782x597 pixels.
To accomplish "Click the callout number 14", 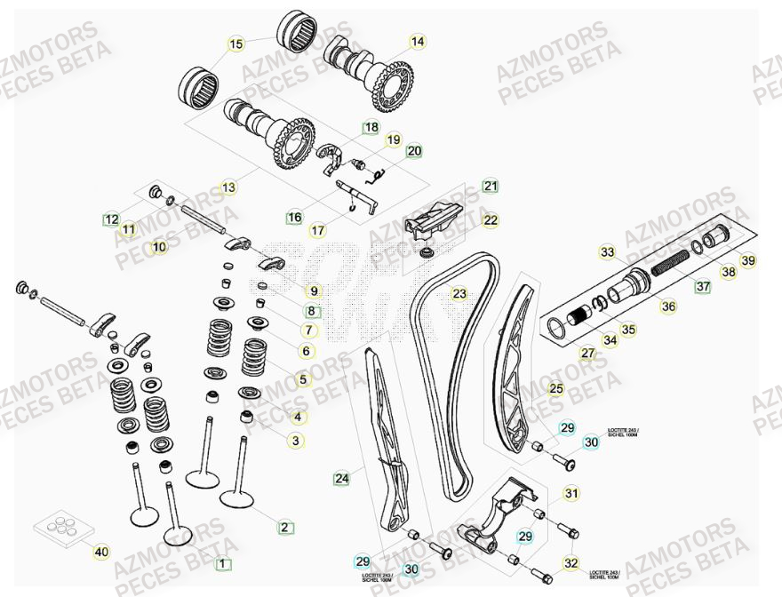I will (x=418, y=41).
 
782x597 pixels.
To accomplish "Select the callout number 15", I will (x=235, y=44).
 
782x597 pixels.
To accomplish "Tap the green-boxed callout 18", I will (x=371, y=128).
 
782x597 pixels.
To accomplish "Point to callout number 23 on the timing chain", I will (x=459, y=293).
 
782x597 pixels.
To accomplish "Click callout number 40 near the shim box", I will (x=101, y=552).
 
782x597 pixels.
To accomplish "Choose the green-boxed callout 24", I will (x=341, y=479).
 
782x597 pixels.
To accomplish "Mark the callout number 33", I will (x=607, y=252).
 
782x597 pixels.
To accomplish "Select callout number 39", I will (x=748, y=260).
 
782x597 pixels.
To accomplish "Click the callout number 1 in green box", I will (x=222, y=563).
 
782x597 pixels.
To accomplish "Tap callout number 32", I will (x=571, y=562).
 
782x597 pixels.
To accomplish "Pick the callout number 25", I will (x=556, y=388).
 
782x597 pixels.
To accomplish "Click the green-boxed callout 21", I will (x=491, y=186).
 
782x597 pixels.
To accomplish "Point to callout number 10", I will (x=158, y=247).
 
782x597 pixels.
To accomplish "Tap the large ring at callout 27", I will (x=557, y=328).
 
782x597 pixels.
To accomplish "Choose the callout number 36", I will (x=668, y=307).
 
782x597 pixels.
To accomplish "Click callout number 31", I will (x=571, y=494).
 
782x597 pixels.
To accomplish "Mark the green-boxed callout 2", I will (x=284, y=527).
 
